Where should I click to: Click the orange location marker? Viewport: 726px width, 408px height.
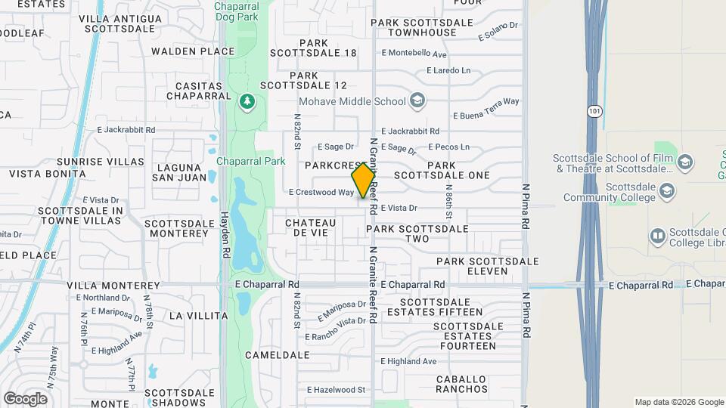(x=364, y=181)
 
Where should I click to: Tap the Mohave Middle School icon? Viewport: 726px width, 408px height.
(x=417, y=100)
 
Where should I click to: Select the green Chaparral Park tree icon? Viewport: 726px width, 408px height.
(x=247, y=101)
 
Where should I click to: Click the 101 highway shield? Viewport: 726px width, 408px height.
(x=594, y=110)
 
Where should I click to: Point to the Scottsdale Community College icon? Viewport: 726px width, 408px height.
(x=667, y=190)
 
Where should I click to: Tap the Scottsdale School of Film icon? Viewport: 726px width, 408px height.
(x=684, y=162)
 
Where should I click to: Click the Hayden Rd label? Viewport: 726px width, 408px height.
(x=225, y=230)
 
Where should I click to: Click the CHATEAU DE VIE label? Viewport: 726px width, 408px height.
(x=311, y=227)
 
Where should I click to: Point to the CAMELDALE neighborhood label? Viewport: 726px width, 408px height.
(x=278, y=354)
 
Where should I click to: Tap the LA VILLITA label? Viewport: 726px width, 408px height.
(x=198, y=315)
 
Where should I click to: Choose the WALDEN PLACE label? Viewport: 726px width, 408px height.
(x=193, y=51)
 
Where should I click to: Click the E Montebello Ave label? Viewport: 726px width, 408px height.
(x=414, y=54)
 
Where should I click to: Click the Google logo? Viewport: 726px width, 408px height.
(x=25, y=398)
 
